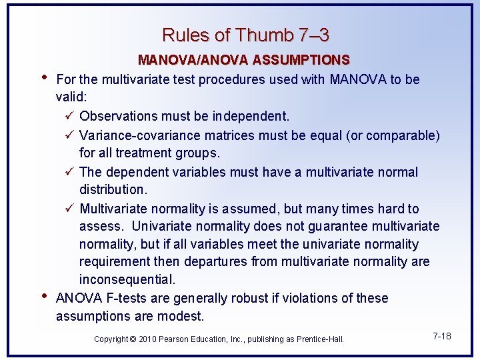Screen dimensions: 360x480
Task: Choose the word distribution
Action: tap(113, 190)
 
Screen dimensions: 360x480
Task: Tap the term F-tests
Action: tap(123, 298)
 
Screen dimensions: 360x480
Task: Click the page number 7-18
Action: tap(441, 336)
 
